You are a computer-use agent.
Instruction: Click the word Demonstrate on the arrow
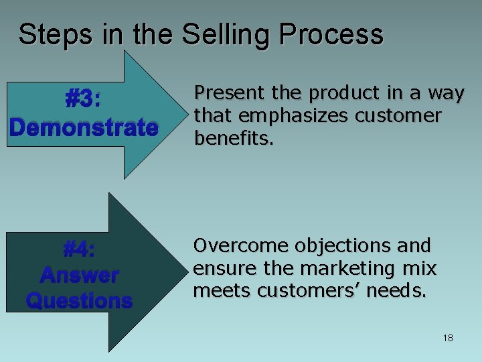(x=84, y=127)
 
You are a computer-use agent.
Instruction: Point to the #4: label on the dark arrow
(x=80, y=250)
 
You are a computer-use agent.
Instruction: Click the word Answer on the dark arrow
(x=80, y=275)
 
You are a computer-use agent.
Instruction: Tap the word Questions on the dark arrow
(x=79, y=300)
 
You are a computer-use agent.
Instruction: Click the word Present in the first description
(x=228, y=94)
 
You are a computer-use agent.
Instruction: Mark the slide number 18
(x=448, y=338)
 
